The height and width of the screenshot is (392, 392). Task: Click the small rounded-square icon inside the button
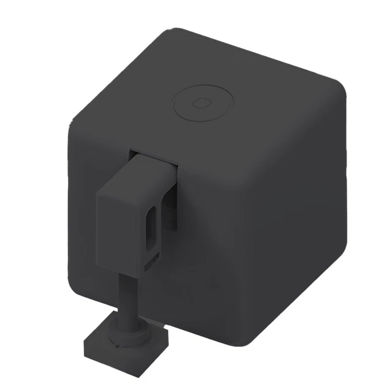click(x=199, y=102)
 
